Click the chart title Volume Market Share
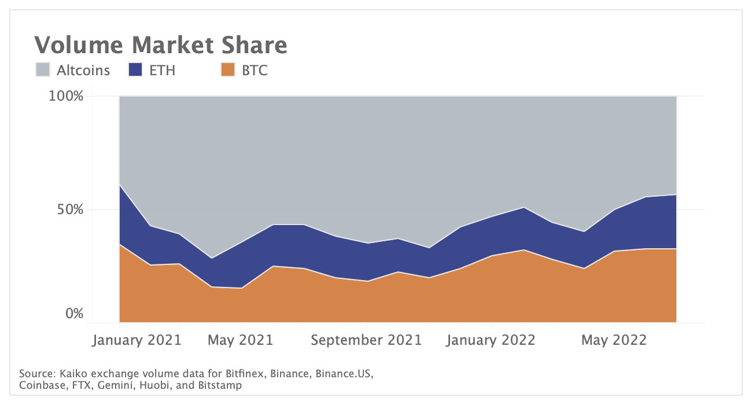click(160, 45)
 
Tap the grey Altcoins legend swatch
click(43, 70)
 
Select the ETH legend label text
click(162, 71)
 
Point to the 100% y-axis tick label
click(67, 96)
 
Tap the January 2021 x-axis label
click(137, 340)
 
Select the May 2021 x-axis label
click(241, 340)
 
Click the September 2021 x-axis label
click(366, 340)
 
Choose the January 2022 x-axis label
click(492, 340)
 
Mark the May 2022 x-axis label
click(614, 340)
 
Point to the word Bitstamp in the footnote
click(220, 385)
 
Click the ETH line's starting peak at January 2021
click(119, 185)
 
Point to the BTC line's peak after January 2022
click(524, 250)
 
